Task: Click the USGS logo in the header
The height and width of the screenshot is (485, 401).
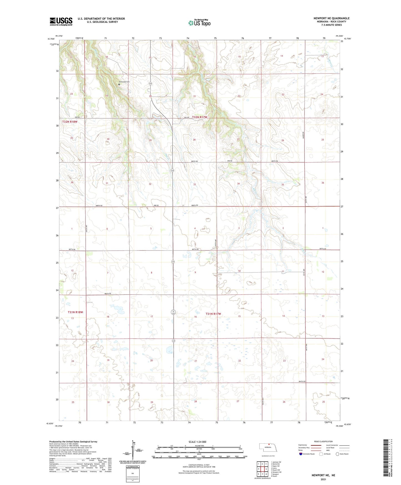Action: click(61, 21)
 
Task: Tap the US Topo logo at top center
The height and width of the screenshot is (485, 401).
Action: click(199, 22)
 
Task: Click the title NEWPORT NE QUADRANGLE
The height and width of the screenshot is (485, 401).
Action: click(331, 18)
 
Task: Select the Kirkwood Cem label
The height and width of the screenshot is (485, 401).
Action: click(124, 82)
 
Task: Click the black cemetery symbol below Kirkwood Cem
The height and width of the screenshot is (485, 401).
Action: click(119, 84)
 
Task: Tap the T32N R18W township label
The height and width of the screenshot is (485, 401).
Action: click(70, 122)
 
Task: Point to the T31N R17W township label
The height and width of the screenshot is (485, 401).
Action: click(213, 314)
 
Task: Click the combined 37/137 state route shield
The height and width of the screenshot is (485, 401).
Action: click(173, 312)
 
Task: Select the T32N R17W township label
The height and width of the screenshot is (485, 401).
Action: click(200, 117)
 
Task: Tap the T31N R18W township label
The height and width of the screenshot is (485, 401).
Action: click(75, 312)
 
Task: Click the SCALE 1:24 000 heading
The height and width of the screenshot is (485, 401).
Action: click(197, 442)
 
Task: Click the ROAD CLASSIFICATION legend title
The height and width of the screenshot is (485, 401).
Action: click(323, 441)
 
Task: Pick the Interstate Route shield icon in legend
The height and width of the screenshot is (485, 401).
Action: click(301, 454)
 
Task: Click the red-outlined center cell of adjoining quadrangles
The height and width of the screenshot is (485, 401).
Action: click(262, 469)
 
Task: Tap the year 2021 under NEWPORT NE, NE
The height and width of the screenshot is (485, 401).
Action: click(323, 479)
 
